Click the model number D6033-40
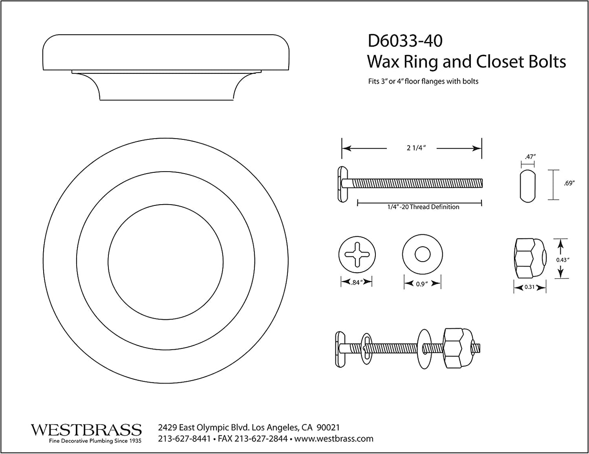(405, 41)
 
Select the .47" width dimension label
(528, 156)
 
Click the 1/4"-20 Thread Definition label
(423, 207)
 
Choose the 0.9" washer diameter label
(422, 284)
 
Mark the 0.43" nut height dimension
(563, 259)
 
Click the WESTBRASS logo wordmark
(86, 430)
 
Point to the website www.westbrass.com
(334, 439)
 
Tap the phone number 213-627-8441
(184, 439)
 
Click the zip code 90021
(328, 428)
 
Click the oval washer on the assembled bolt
(366, 347)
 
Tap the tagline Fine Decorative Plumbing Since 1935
(95, 441)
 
